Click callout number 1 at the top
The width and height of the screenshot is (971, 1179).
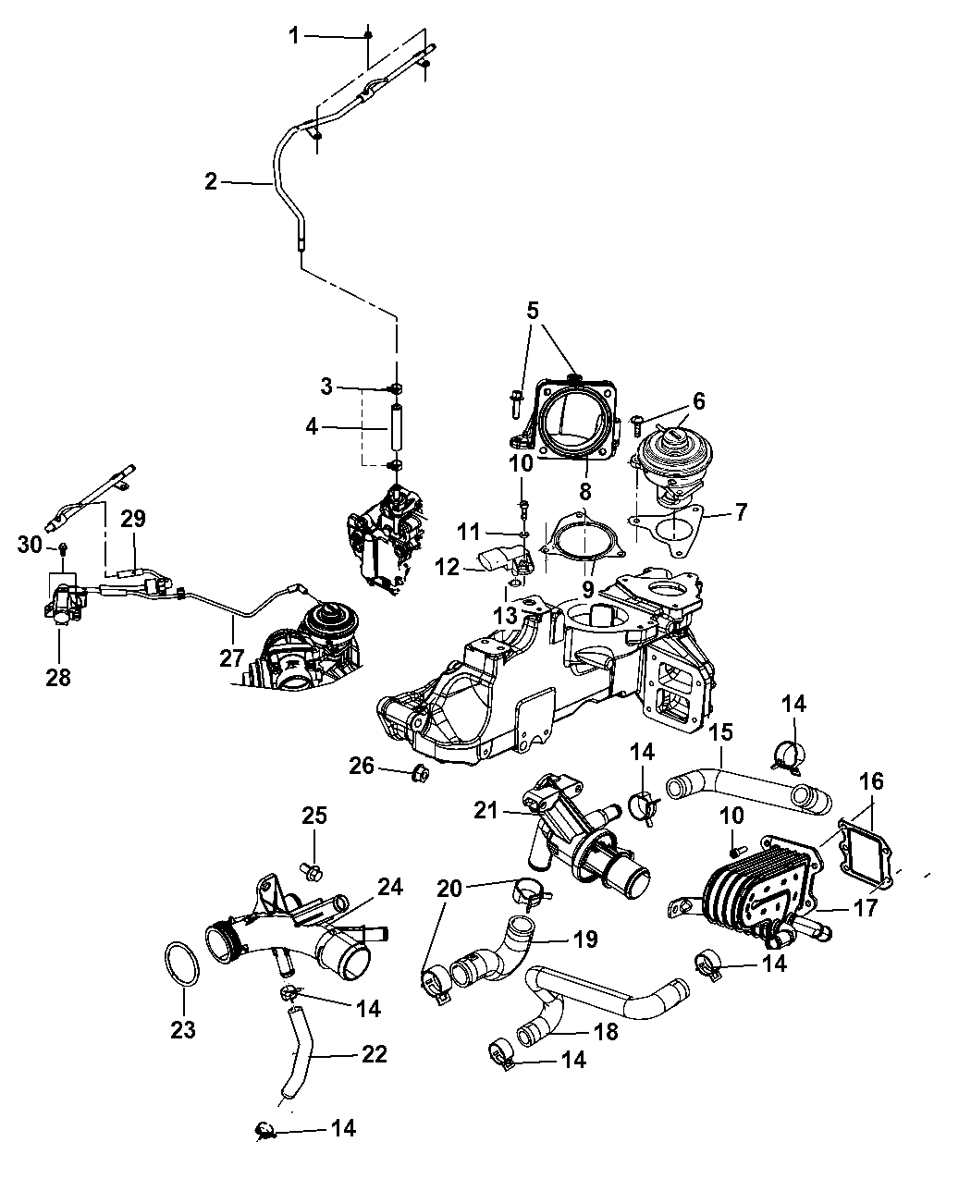click(x=294, y=36)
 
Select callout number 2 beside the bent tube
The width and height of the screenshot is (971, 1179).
click(x=211, y=181)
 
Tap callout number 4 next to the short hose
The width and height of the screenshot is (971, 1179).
click(x=313, y=427)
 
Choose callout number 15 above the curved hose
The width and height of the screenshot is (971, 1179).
click(x=720, y=732)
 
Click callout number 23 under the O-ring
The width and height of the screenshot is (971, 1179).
click(x=183, y=1028)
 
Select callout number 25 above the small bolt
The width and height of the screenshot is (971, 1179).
click(x=314, y=816)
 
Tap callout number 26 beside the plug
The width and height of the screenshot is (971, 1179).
click(x=362, y=764)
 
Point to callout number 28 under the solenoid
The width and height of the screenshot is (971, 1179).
click(x=56, y=678)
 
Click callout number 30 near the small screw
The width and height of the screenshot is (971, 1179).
click(x=31, y=546)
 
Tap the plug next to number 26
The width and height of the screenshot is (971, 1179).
click(x=418, y=772)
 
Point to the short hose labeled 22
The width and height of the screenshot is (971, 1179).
click(x=298, y=1054)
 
